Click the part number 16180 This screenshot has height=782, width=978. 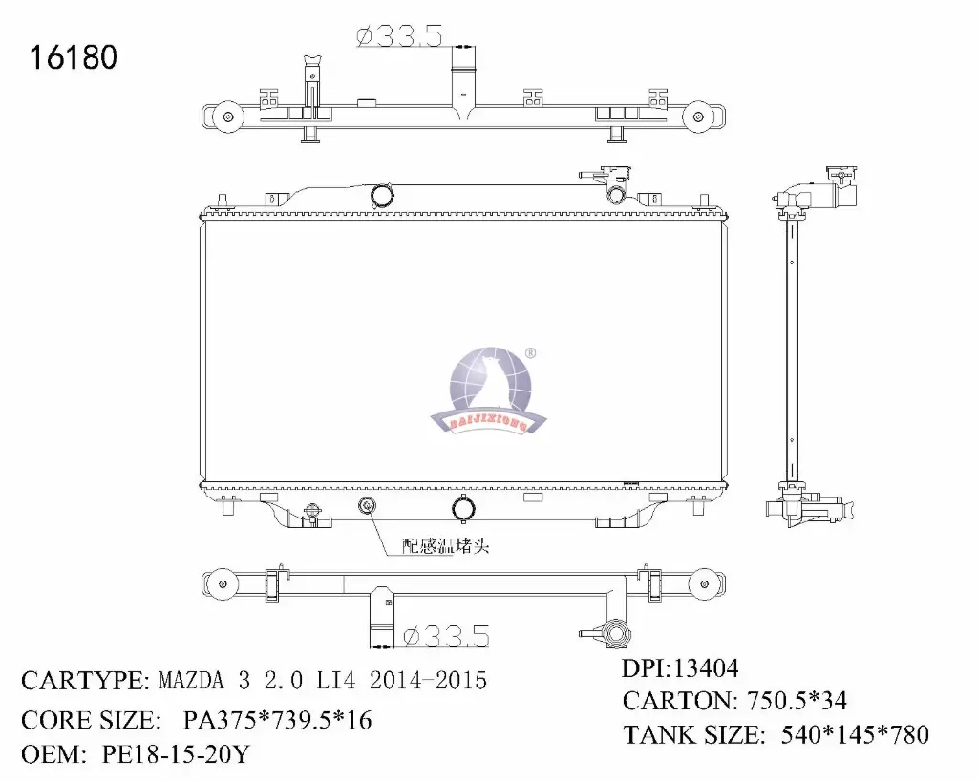[x=74, y=57]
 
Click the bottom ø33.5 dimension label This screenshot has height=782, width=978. [x=446, y=635]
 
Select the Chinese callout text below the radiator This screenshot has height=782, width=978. [x=446, y=546]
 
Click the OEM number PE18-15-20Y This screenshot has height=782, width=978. [x=175, y=755]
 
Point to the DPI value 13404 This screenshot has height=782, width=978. [x=708, y=668]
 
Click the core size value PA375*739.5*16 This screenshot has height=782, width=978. [x=276, y=719]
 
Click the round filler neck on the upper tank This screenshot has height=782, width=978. [x=383, y=195]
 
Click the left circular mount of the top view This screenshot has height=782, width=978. [x=226, y=117]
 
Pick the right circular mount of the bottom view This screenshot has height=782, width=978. [x=706, y=583]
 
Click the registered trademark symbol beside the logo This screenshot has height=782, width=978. [x=531, y=353]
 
